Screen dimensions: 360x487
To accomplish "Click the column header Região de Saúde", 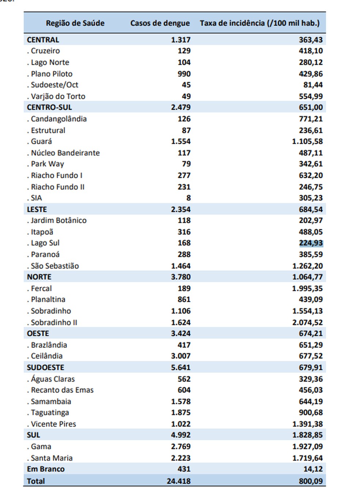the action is pyautogui.click(x=75, y=23).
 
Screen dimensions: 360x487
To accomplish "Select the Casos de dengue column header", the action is pyautogui.click(x=160, y=23).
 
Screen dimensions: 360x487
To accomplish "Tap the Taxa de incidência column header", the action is pyautogui.click(x=260, y=23).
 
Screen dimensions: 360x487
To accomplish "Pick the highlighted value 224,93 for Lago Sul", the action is pyautogui.click(x=311, y=243).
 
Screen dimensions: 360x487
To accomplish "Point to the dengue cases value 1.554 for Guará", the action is pyautogui.click(x=181, y=141).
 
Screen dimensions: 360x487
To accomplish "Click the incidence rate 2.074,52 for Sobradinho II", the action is pyautogui.click(x=308, y=322).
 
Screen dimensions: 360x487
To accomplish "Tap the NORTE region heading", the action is pyautogui.click(x=39, y=277).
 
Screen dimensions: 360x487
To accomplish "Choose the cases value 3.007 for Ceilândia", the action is pyautogui.click(x=181, y=356).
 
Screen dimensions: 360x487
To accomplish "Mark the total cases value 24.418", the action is pyautogui.click(x=179, y=481).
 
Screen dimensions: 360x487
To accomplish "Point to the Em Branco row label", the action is pyautogui.click(x=46, y=469).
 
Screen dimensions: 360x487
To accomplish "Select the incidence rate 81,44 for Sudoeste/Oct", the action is pyautogui.click(x=313, y=85).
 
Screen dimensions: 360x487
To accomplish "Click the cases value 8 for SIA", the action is pyautogui.click(x=188, y=198).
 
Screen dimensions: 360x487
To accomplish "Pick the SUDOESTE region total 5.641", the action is pyautogui.click(x=181, y=367).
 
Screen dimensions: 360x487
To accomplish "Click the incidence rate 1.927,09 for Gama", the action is pyautogui.click(x=308, y=446).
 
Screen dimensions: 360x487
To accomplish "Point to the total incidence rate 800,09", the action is pyautogui.click(x=311, y=481).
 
